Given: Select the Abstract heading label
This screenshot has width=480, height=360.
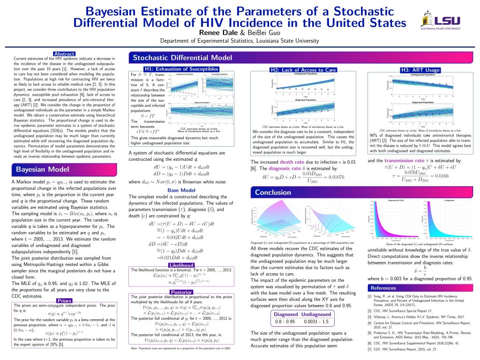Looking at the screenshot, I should point(64,54).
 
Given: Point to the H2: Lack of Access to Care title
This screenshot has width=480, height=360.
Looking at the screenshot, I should point(304,70).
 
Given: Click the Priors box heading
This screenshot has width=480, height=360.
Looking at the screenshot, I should point(63,300).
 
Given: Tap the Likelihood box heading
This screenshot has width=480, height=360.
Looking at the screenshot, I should point(181,265).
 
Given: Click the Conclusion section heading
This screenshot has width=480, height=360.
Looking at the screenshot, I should point(273,192).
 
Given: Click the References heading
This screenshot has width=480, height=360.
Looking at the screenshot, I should point(383,288).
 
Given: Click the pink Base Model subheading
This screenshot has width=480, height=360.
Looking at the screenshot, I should point(181,190).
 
